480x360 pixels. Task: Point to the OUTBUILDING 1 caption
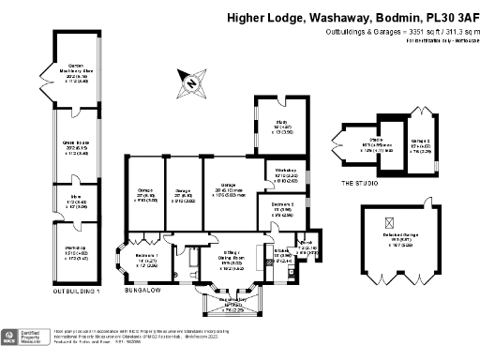click(x=78, y=292)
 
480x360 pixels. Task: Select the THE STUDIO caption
click(x=359, y=184)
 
